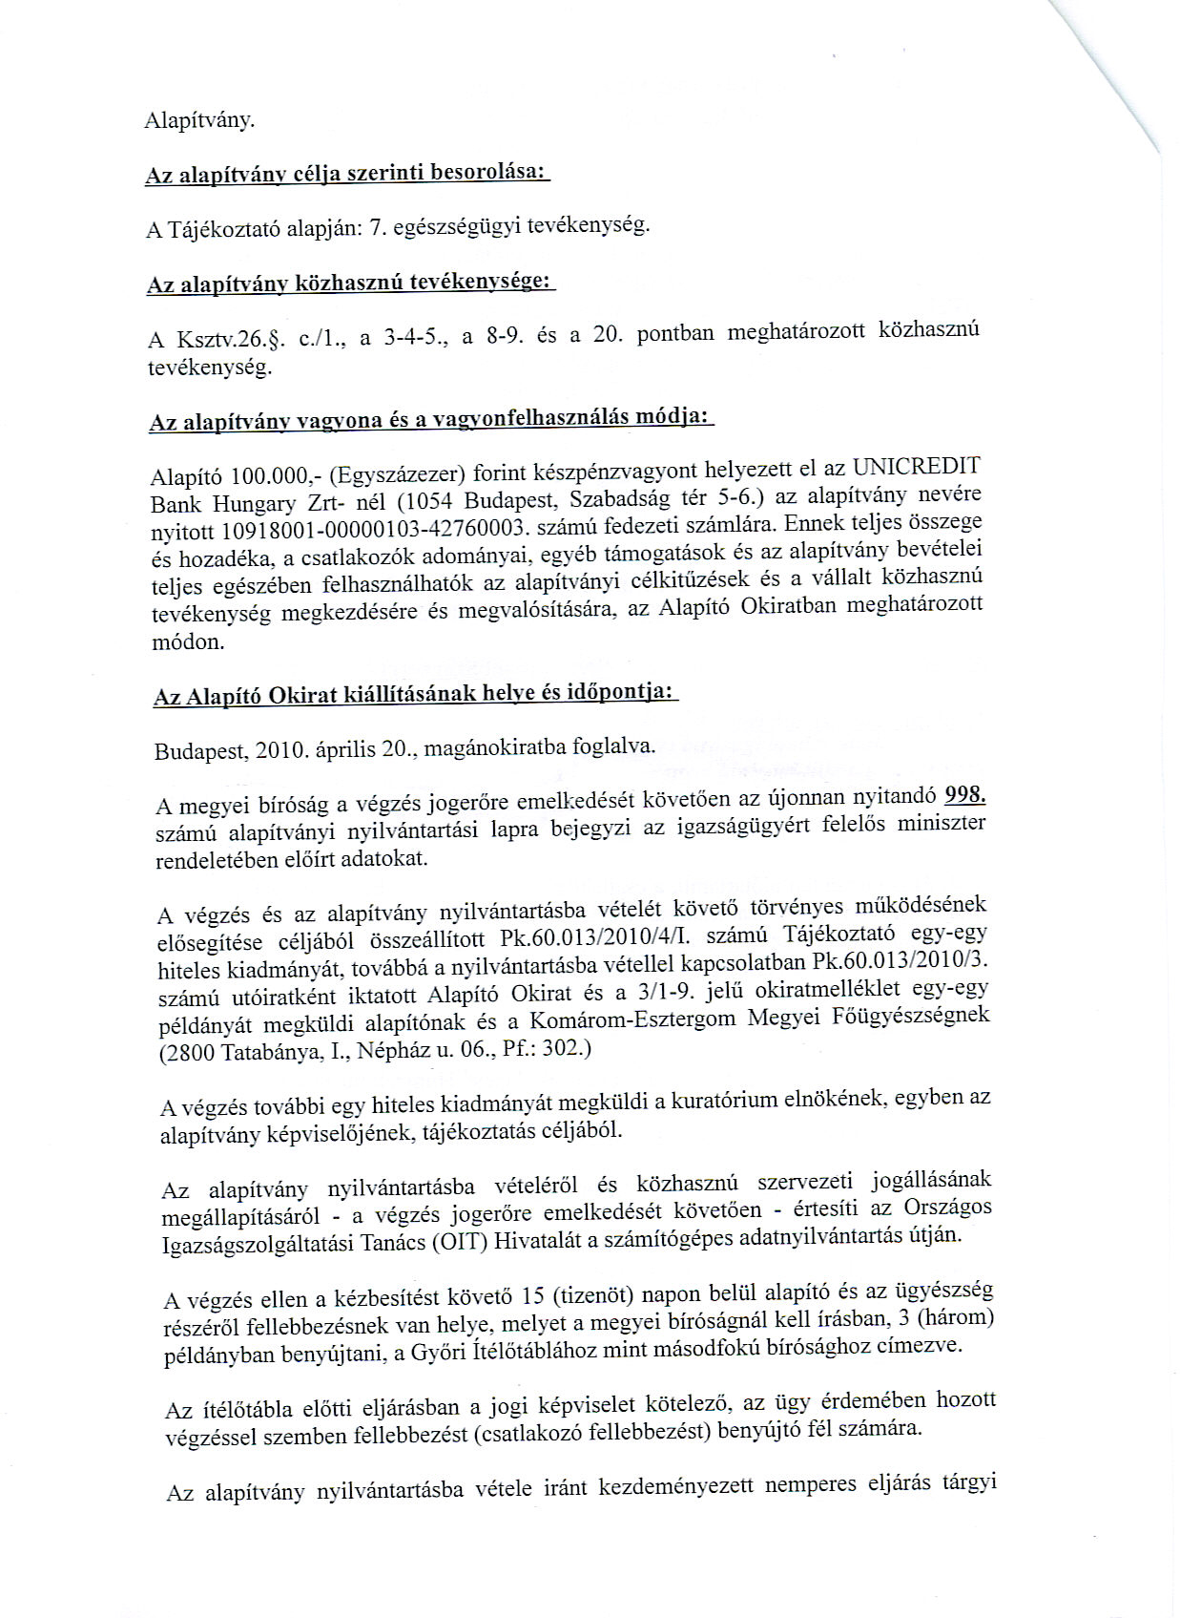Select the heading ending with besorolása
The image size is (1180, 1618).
[x=347, y=174]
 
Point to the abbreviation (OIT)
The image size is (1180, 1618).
[x=463, y=1242]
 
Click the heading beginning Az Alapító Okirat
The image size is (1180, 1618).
[x=415, y=694]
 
